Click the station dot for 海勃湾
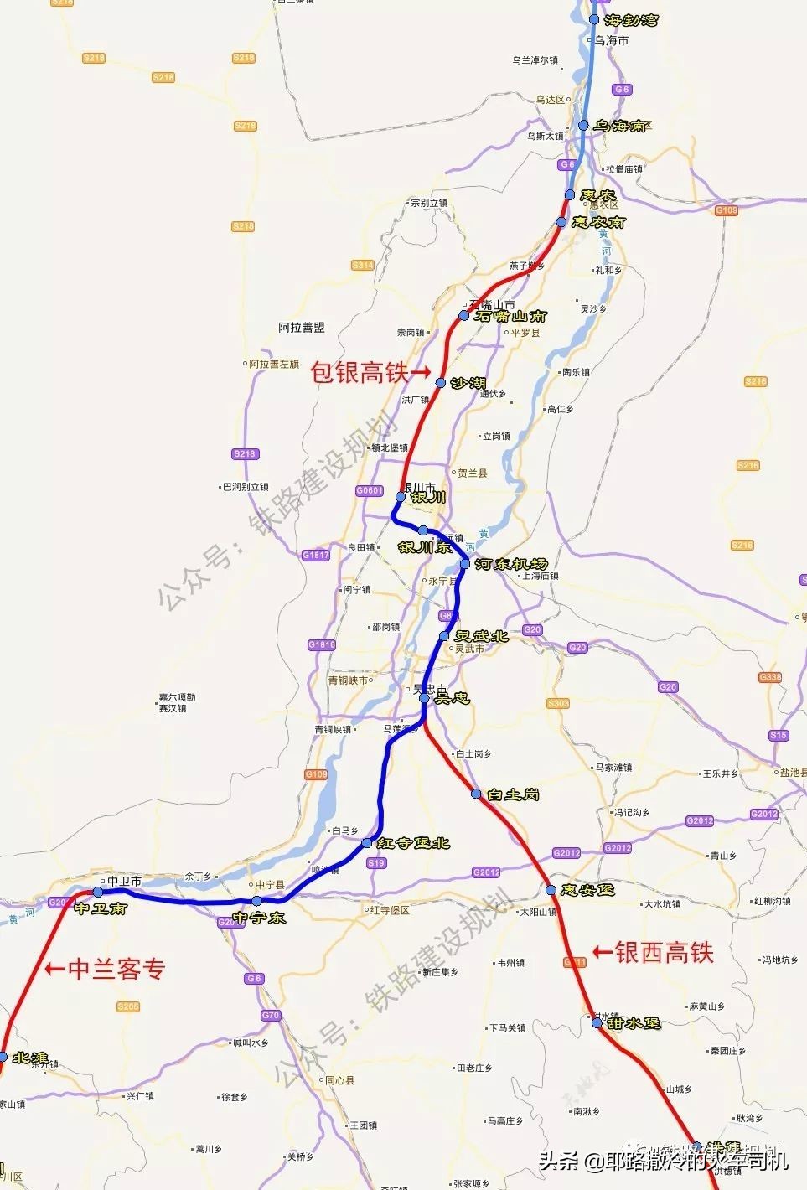(x=594, y=19)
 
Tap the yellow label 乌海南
(x=621, y=126)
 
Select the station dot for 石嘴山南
(x=463, y=316)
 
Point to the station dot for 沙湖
(x=441, y=383)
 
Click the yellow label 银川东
(x=425, y=547)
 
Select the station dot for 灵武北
(x=444, y=636)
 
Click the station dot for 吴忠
(x=425, y=697)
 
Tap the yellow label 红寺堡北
(x=413, y=842)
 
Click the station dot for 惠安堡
(x=551, y=890)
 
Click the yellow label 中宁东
(x=260, y=918)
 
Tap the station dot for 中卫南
(x=97, y=892)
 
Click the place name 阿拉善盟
(x=302, y=328)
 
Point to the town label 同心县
(x=339, y=1081)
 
